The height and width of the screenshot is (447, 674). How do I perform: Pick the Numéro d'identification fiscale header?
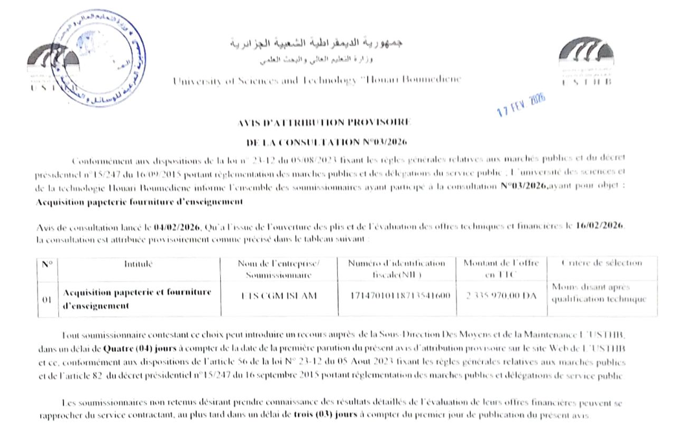(397, 269)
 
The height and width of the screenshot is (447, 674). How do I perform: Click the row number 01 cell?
(47, 300)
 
